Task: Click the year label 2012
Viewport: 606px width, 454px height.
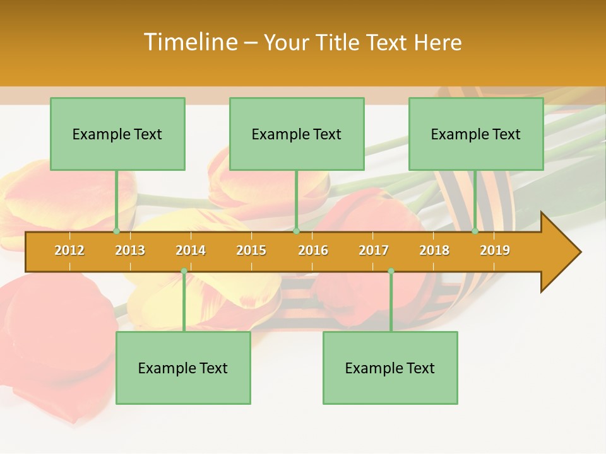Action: click(x=69, y=250)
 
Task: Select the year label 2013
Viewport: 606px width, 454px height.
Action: click(x=130, y=250)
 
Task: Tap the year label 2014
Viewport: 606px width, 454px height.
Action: click(x=191, y=250)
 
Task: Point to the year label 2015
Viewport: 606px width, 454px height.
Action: click(x=251, y=250)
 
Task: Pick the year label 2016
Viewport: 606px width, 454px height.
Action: click(x=313, y=250)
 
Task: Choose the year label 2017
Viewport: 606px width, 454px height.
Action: click(x=374, y=250)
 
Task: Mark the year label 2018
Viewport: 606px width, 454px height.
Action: click(x=434, y=250)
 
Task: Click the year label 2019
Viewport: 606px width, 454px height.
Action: click(x=495, y=250)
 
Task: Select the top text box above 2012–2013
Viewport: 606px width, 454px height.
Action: click(x=117, y=134)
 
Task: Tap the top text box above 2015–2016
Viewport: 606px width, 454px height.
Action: click(x=297, y=134)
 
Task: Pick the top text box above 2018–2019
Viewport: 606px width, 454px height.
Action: click(x=476, y=134)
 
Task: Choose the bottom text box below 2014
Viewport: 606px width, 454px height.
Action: click(x=183, y=368)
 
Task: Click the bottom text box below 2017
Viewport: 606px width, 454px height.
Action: click(x=390, y=368)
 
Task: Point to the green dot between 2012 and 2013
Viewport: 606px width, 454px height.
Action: click(x=117, y=231)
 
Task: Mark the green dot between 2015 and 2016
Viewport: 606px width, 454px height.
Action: click(x=296, y=231)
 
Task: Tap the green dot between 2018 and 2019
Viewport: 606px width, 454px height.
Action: click(x=475, y=231)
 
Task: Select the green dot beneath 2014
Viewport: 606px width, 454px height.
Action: click(x=184, y=271)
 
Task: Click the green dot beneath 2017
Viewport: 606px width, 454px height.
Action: click(x=391, y=271)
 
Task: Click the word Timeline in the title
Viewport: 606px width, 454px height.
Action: click(x=189, y=42)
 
